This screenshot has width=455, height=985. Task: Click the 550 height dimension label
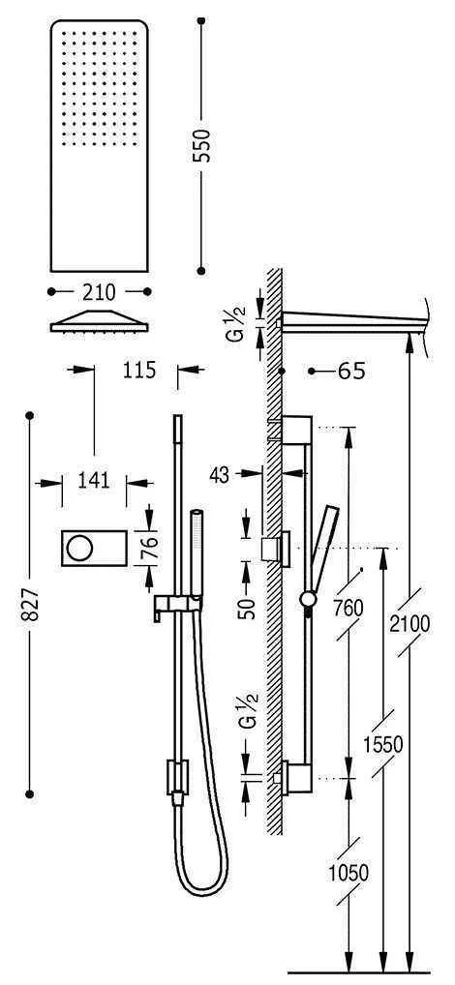coord(203,145)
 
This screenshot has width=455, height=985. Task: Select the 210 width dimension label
coord(99,291)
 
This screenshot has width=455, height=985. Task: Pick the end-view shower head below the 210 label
coord(99,322)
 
